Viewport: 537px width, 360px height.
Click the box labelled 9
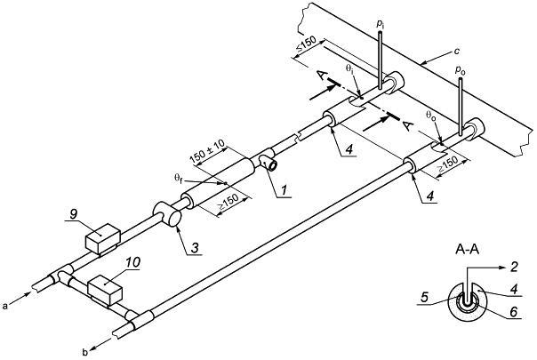102,238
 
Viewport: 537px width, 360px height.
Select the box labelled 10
105,290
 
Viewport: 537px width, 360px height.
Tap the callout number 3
195,248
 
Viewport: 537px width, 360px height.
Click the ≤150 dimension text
306,44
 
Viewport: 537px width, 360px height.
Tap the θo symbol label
431,115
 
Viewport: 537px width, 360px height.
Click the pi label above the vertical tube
380,24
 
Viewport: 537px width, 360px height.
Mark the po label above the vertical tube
460,70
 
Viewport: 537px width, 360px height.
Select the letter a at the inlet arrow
4,307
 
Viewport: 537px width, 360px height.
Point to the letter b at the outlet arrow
85,351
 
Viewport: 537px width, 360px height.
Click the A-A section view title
467,250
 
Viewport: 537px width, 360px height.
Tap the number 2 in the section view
514,266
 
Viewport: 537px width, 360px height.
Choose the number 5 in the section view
424,297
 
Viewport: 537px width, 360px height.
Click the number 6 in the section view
514,312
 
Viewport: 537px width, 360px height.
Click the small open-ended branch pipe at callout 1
268,162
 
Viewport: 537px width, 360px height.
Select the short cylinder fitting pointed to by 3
167,213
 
